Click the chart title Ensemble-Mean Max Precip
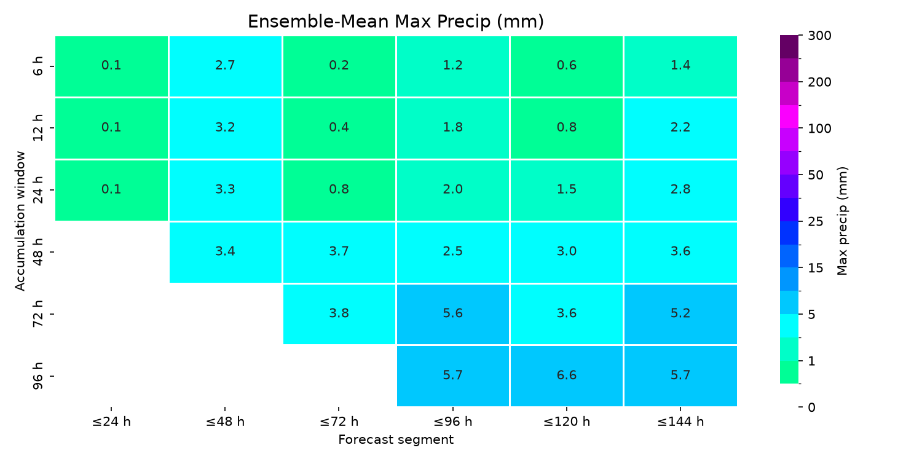pyautogui.click(x=396, y=22)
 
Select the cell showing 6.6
pyautogui.click(x=566, y=376)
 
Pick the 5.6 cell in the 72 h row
pyautogui.click(x=453, y=314)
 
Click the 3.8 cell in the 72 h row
pyautogui.click(x=339, y=314)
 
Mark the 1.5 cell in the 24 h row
pyautogui.click(x=566, y=190)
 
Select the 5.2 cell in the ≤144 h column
pyautogui.click(x=680, y=314)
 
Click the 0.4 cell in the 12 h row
pyautogui.click(x=339, y=128)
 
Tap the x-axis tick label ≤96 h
pyautogui.click(x=453, y=422)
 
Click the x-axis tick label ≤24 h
pyautogui.click(x=111, y=422)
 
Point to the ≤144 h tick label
pyautogui.click(x=680, y=422)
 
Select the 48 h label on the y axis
pyautogui.click(x=37, y=252)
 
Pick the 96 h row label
pyautogui.click(x=37, y=376)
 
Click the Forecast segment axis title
pyautogui.click(x=396, y=440)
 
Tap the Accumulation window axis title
pyautogui.click(x=20, y=221)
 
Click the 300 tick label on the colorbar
pyautogui.click(x=819, y=36)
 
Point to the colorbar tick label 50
pyautogui.click(x=816, y=175)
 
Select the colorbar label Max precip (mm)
pyautogui.click(x=842, y=221)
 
